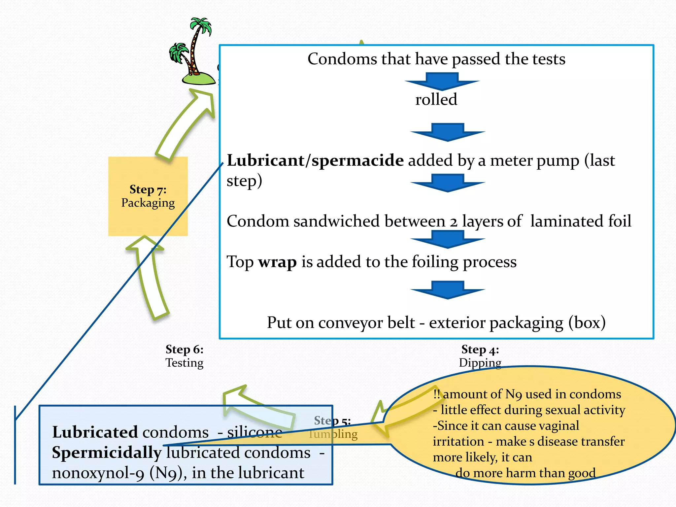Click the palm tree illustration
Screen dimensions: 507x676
point(193,53)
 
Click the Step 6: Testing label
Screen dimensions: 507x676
point(184,356)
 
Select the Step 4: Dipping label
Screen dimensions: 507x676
point(480,356)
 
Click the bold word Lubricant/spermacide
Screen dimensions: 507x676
point(315,160)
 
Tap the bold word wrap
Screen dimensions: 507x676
point(277,262)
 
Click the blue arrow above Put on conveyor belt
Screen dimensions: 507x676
point(448,290)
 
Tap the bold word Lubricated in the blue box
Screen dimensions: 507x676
point(95,432)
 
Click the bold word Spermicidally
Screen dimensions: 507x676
point(106,453)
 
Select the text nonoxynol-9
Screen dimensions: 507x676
point(98,473)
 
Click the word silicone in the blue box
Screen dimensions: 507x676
point(254,432)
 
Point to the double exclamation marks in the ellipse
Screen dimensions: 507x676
point(436,394)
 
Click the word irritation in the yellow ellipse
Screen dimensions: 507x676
point(458,442)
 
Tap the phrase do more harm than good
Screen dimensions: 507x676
point(525,473)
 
